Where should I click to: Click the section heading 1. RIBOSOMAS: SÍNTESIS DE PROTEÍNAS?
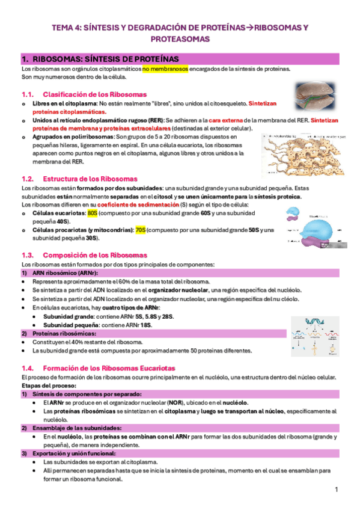point(100,59)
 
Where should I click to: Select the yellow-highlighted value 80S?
point(92,213)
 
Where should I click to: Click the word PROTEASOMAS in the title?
point(180,39)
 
